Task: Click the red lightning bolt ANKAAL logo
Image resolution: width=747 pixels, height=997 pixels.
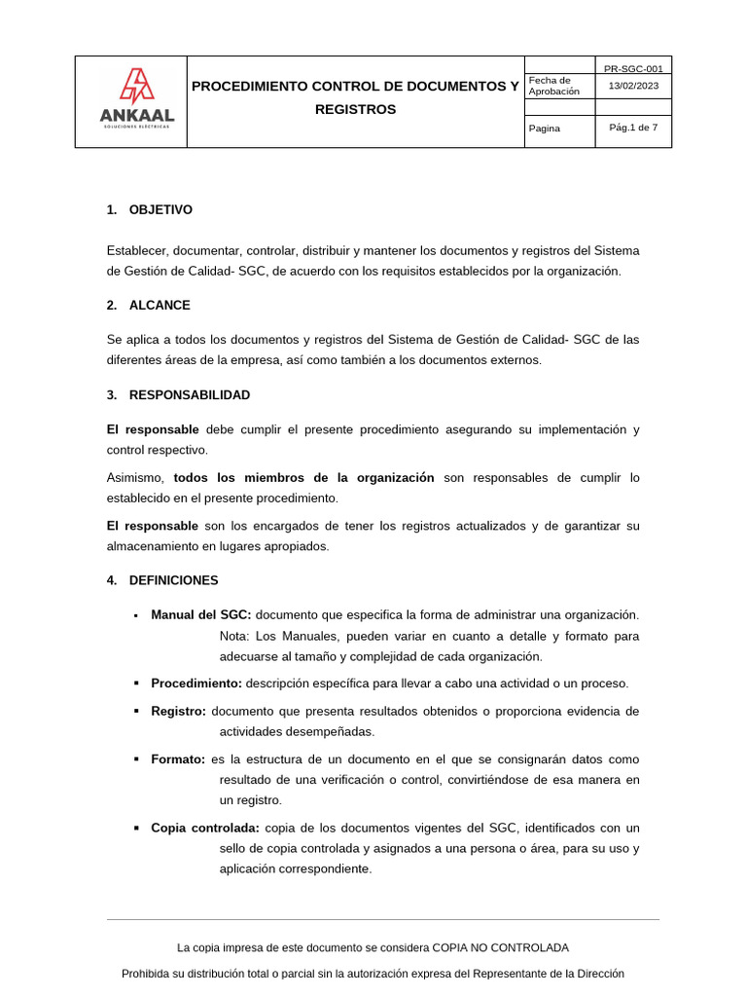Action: click(x=136, y=87)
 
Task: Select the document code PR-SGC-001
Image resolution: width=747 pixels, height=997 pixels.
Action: click(x=632, y=69)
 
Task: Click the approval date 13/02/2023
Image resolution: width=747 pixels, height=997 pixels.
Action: click(x=632, y=86)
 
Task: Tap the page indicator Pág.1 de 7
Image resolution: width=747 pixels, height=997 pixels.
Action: click(x=632, y=128)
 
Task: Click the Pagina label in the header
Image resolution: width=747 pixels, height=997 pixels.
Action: click(x=544, y=129)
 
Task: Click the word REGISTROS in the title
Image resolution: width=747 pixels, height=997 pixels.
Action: click(x=355, y=110)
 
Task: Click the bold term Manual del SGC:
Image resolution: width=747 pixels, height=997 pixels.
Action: click(x=200, y=615)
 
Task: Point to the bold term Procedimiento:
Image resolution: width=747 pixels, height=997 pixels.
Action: click(x=196, y=683)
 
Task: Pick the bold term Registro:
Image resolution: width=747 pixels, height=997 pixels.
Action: click(x=178, y=712)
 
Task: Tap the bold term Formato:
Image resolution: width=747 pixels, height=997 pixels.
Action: click(x=178, y=759)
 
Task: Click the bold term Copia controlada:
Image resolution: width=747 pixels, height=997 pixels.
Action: click(x=204, y=829)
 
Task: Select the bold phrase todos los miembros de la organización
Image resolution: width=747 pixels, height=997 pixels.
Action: click(x=303, y=478)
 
